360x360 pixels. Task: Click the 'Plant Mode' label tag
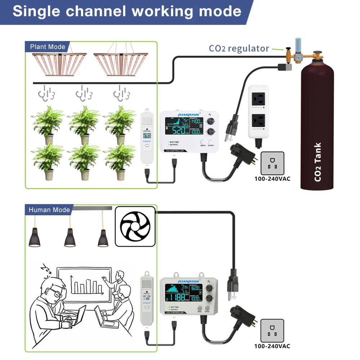point(48,47)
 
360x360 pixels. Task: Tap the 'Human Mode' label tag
point(49,210)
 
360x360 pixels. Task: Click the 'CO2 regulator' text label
point(239,48)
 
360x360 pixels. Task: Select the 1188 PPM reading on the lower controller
point(180,297)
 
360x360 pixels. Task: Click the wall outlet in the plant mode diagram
point(272,163)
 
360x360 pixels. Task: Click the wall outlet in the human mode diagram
point(272,330)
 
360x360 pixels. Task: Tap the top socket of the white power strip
point(258,98)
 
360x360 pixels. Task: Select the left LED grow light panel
point(59,64)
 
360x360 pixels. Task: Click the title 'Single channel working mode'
point(127,11)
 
